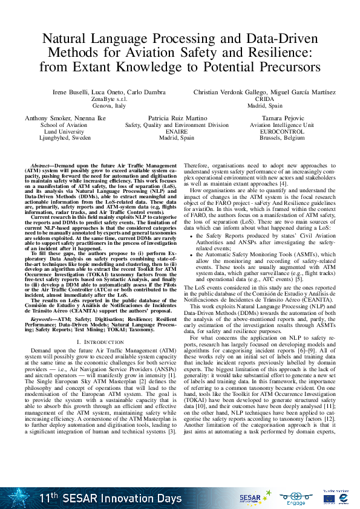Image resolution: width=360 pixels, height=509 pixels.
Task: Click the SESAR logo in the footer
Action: tap(249, 498)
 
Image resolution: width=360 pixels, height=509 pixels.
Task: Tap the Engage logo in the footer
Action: tap(295, 498)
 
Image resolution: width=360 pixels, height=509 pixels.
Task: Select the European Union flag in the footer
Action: tap(329, 499)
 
